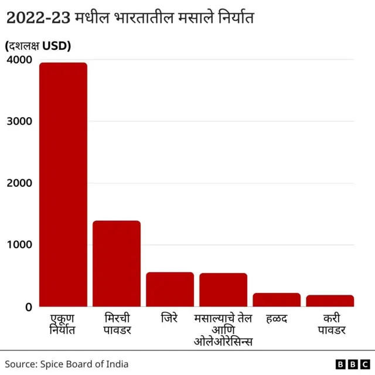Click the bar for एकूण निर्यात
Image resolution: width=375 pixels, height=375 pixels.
click(63, 185)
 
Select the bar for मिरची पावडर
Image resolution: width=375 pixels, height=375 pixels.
click(117, 264)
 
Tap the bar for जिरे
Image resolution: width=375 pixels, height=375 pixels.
click(170, 289)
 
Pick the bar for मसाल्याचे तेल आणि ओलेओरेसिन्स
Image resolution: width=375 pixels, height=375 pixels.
click(223, 290)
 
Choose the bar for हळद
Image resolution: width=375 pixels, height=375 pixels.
click(277, 299)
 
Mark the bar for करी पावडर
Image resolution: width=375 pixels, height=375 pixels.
click(330, 301)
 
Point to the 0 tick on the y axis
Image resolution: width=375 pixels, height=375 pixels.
click(28, 306)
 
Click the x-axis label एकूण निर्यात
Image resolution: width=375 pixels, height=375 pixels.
click(63, 324)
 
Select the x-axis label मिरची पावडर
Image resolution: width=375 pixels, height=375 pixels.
click(117, 324)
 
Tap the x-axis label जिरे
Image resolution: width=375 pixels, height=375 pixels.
click(170, 319)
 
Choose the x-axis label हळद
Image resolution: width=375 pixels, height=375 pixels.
click(277, 319)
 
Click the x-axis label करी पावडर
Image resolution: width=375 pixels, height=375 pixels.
click(330, 324)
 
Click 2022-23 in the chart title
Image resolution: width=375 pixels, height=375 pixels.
click(38, 18)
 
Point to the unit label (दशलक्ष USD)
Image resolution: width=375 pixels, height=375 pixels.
click(38, 46)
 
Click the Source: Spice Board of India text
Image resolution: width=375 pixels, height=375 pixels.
click(67, 364)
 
